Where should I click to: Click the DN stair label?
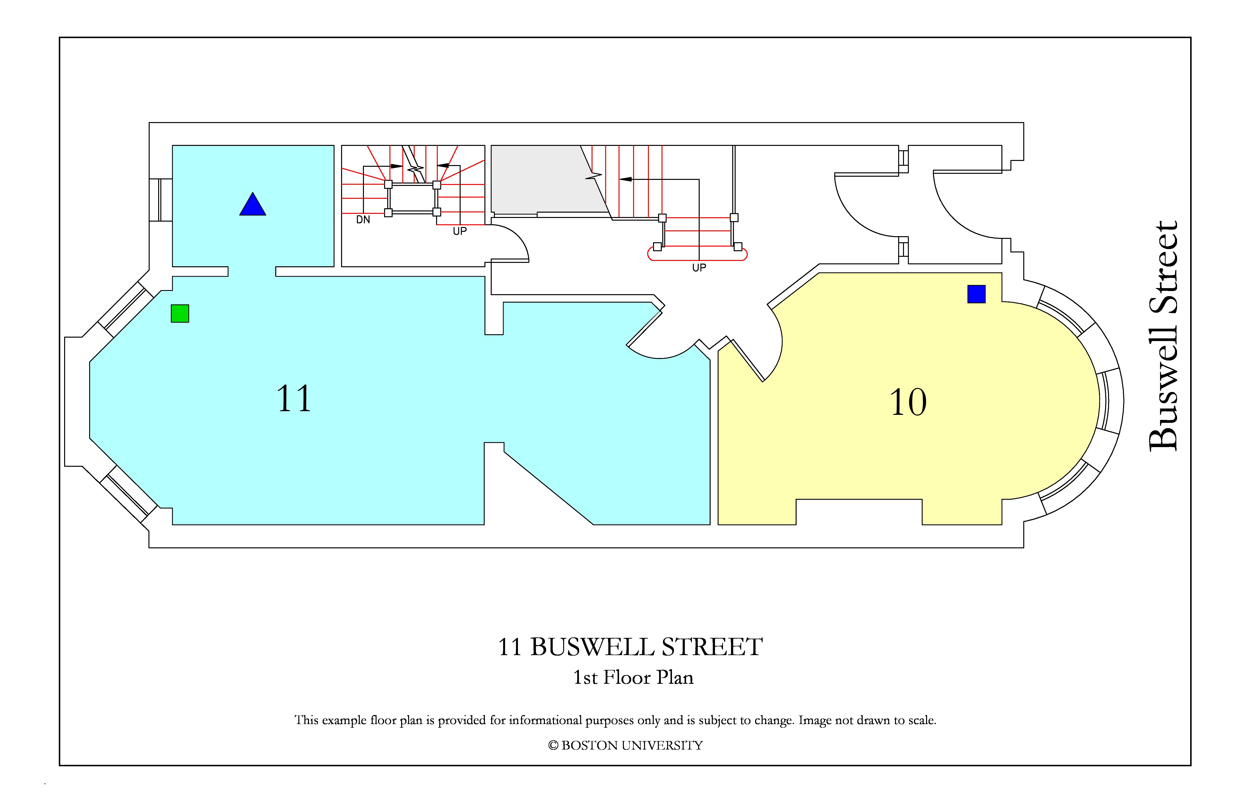(363, 219)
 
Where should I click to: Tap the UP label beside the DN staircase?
(460, 231)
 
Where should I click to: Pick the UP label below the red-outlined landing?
(699, 267)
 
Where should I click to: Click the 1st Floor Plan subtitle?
(633, 677)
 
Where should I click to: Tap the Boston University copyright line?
(625, 745)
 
